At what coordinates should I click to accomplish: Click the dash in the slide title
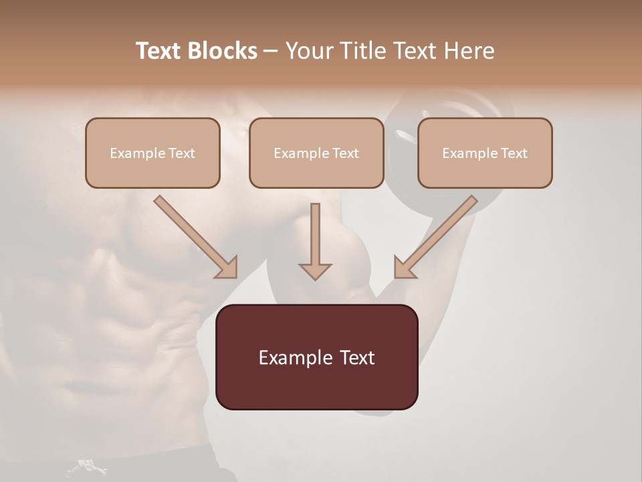[x=271, y=51]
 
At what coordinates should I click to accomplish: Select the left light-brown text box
[x=152, y=153]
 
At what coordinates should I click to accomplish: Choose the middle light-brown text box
[x=316, y=153]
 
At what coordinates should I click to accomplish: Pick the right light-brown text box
[x=485, y=153]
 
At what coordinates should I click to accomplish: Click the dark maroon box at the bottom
[x=316, y=357]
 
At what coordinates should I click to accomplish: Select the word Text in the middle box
[x=345, y=153]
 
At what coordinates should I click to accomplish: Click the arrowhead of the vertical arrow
[x=315, y=270]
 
